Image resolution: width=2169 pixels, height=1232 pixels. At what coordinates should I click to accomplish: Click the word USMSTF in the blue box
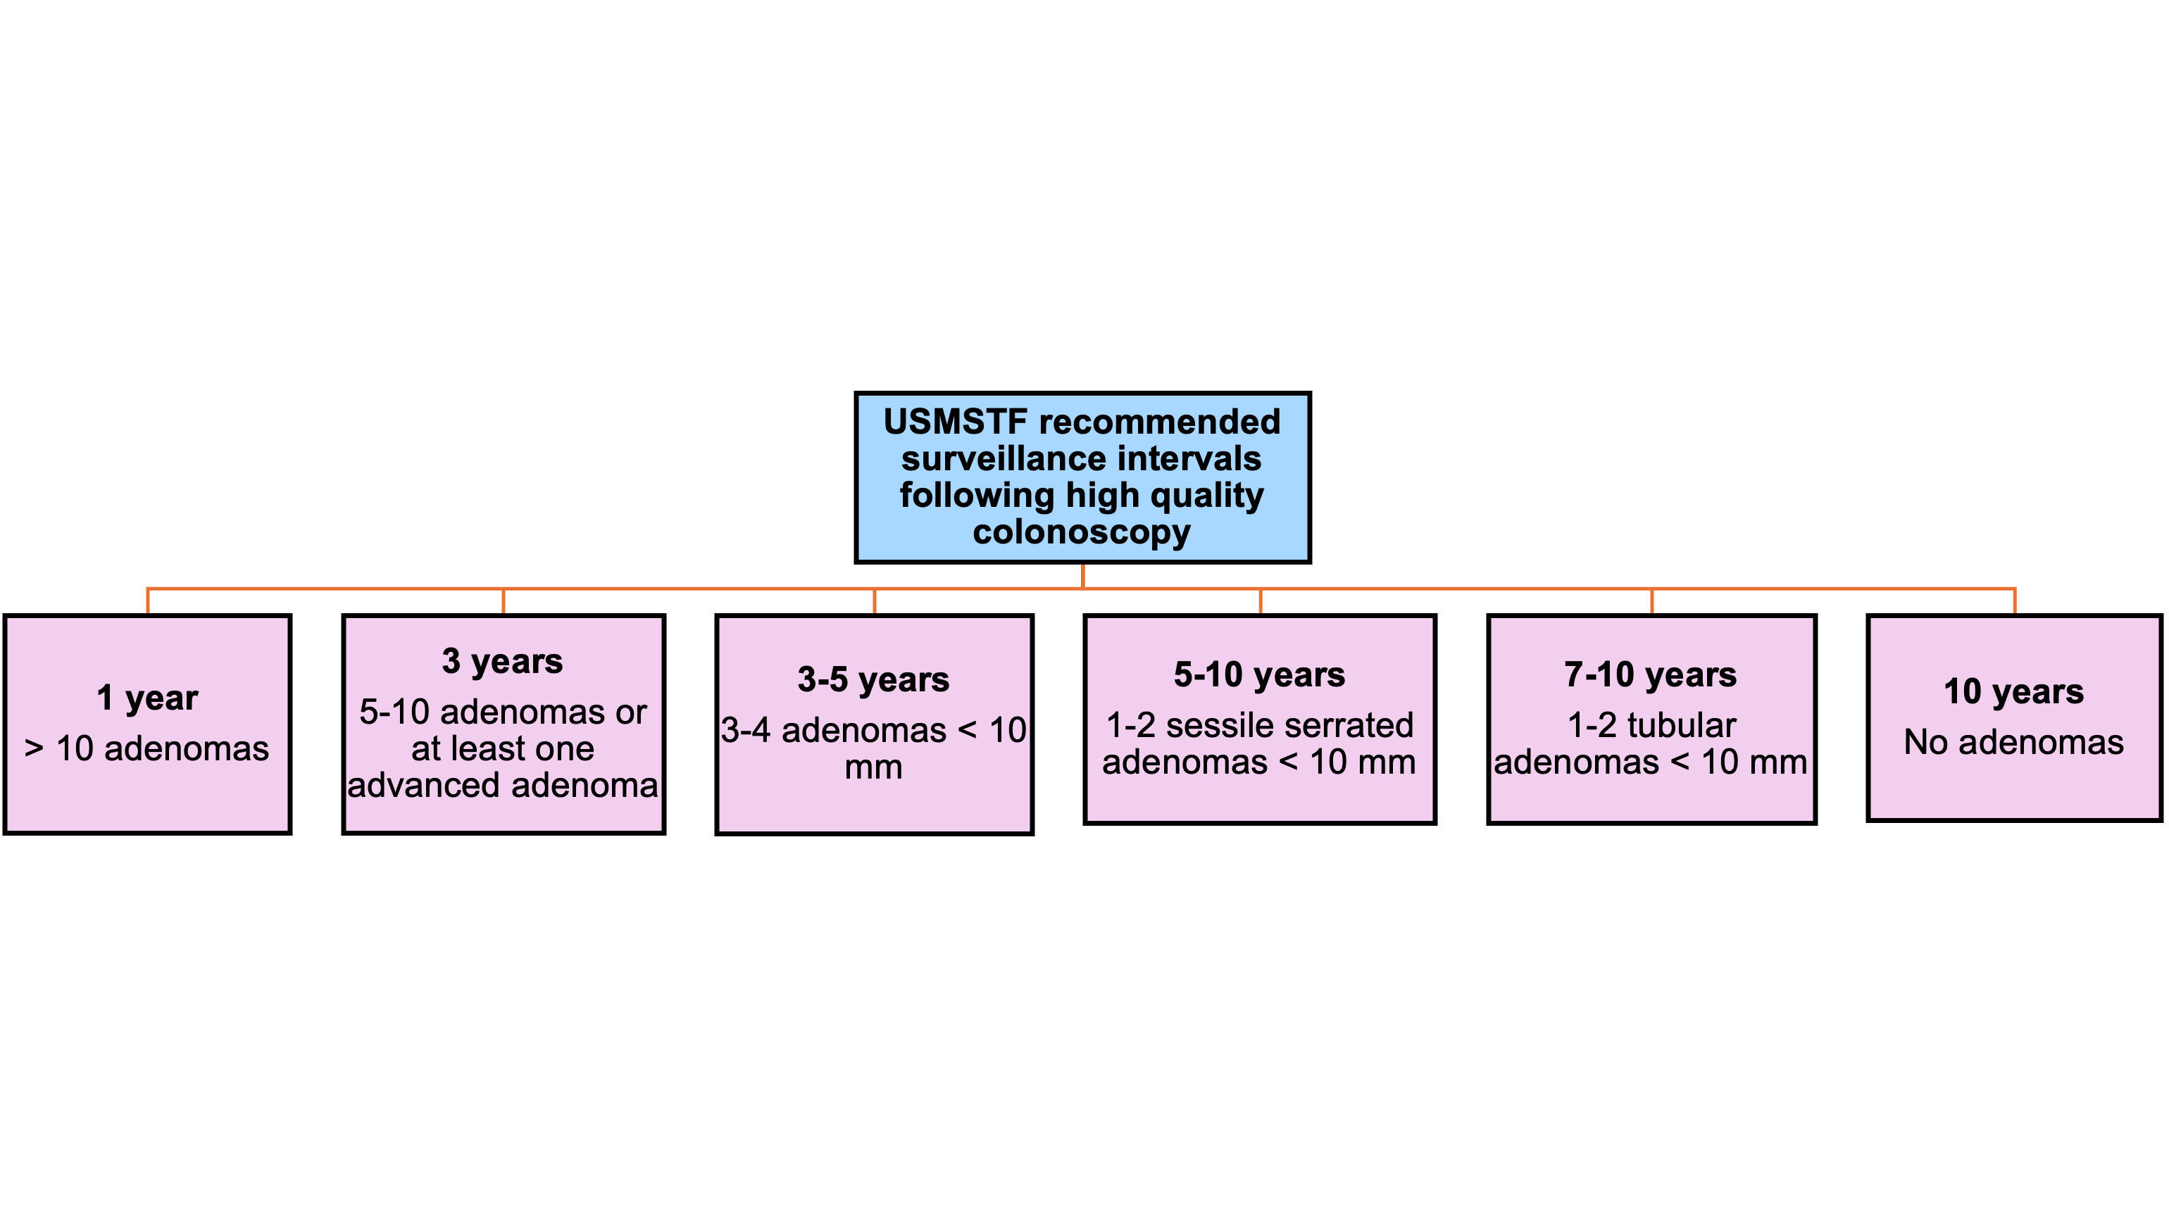(956, 422)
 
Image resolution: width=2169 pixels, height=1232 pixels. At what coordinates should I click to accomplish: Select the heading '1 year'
(147, 699)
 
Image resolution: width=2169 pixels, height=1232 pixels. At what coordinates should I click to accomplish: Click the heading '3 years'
(503, 662)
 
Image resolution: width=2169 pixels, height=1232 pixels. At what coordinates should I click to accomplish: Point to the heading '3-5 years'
(873, 680)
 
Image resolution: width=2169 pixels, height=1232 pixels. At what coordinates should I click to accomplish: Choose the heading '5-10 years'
(1259, 675)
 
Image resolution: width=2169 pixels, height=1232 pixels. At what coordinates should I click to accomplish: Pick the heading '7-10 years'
(1650, 675)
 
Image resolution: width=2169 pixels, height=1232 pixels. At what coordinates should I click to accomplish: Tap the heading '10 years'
(2014, 692)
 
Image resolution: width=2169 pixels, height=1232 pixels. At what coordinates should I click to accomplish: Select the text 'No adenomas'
(2014, 743)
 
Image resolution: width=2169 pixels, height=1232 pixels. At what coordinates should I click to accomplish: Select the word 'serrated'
(1351, 726)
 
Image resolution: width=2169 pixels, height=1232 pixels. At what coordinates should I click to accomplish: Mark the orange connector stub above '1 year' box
(148, 601)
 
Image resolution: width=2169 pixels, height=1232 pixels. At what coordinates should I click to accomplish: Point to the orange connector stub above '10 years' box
(2015, 601)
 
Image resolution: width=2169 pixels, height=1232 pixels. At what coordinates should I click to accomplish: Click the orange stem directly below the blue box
(1083, 575)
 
